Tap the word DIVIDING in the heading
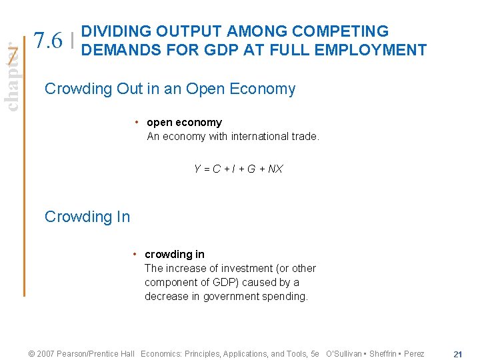pos(117,31)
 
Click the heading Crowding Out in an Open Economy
pos(169,89)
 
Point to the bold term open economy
pos(184,123)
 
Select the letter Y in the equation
pos(197,169)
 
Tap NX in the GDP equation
pos(275,169)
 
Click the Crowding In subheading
pos(87,217)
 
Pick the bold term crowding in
pos(175,255)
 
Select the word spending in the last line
pos(286,297)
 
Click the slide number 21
pos(457,354)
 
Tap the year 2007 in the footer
pos(46,354)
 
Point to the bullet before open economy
pos(136,123)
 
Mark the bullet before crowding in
pos(135,255)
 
